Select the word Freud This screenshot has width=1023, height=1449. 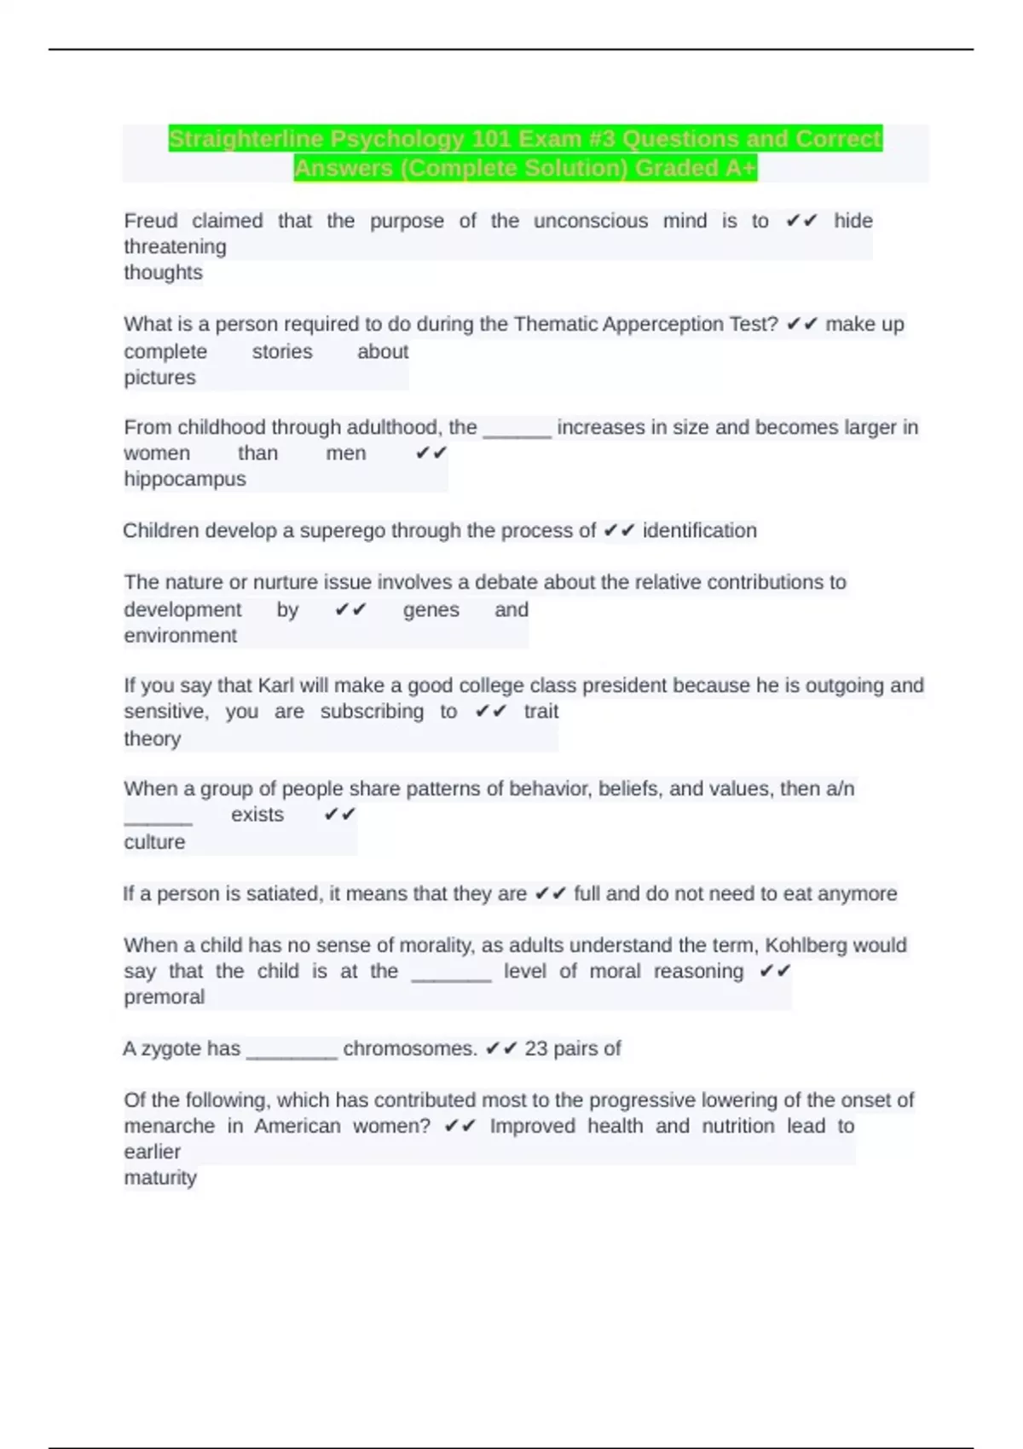150,221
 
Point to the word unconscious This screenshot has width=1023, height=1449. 591,221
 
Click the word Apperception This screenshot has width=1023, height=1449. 664,324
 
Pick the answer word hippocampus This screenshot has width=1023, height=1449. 185,479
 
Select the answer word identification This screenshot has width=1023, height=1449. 699,530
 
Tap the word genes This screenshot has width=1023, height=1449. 431,609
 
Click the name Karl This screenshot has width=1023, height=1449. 276,685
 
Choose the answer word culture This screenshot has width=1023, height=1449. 154,841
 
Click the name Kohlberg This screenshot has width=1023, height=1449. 806,945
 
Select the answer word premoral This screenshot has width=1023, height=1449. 165,996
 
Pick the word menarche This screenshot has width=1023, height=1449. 169,1126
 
